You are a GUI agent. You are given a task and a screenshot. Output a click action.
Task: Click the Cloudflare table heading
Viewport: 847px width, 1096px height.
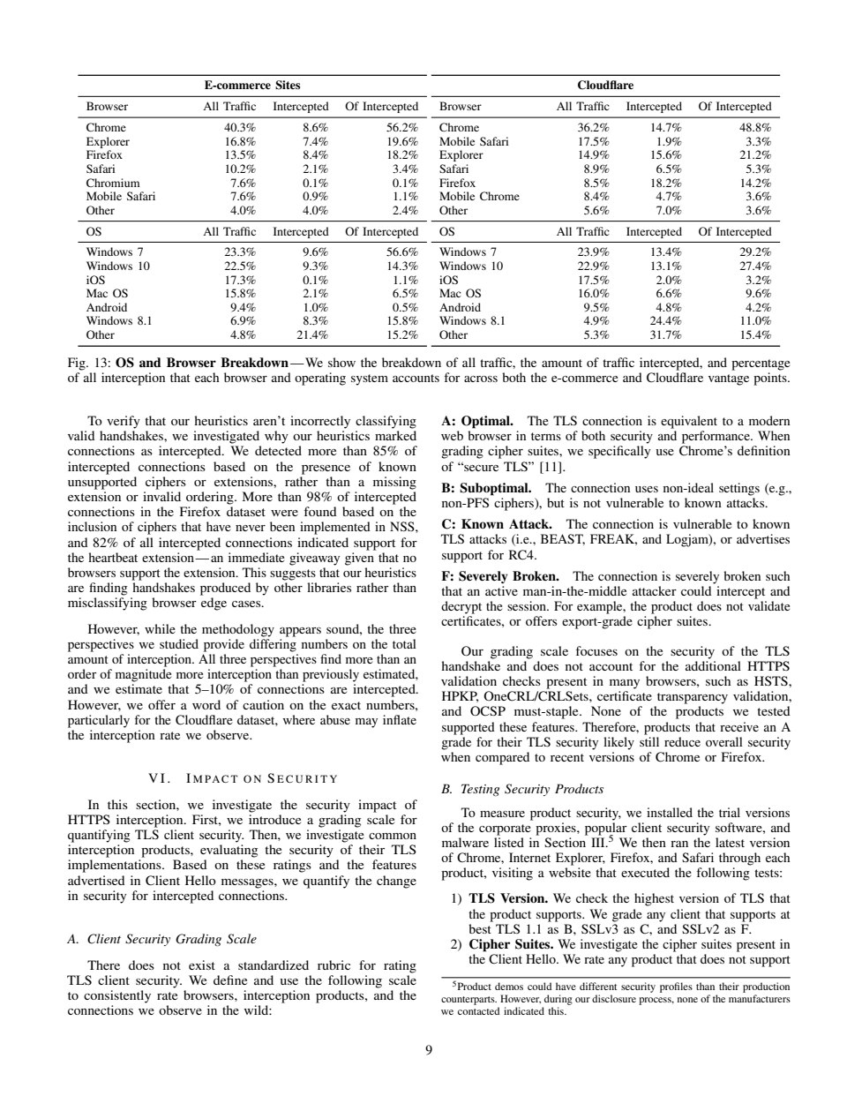(604, 86)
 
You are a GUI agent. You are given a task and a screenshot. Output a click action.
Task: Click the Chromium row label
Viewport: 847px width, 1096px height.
(112, 184)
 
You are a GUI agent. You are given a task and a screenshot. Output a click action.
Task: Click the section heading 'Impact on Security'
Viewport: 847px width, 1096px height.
(241, 778)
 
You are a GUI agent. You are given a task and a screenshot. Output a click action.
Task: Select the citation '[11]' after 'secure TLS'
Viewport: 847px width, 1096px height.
(551, 466)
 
